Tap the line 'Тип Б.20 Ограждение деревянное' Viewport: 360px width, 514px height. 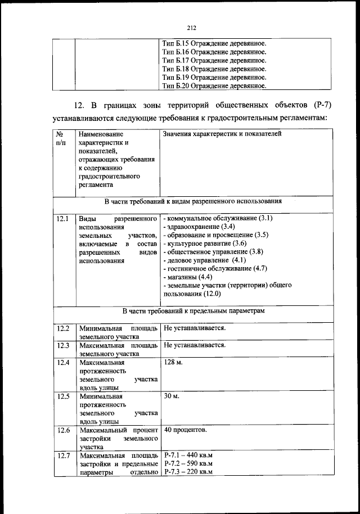pyautogui.click(x=214, y=86)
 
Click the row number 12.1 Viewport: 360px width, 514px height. pyautogui.click(x=63, y=218)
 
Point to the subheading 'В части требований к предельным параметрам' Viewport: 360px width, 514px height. pyautogui.click(x=192, y=310)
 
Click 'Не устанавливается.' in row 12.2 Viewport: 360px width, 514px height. pyautogui.click(x=195, y=328)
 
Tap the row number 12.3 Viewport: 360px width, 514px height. pyautogui.click(x=63, y=345)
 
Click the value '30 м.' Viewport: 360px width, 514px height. pyautogui.click(x=171, y=396)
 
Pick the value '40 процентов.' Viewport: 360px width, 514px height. pyautogui.click(x=185, y=430)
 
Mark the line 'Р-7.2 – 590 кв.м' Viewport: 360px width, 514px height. pyautogui.click(x=188, y=463)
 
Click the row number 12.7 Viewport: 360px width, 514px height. pyautogui.click(x=63, y=455)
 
